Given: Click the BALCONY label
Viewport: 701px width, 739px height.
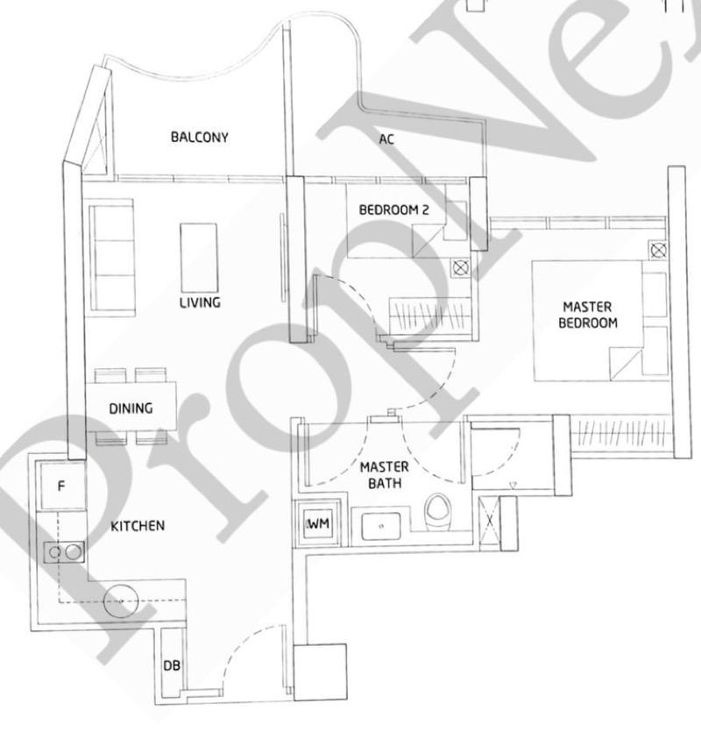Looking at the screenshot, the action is [x=199, y=137].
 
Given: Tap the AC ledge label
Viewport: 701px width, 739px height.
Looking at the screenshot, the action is [x=386, y=139].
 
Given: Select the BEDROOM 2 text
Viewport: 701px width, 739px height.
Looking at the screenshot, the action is [x=393, y=210].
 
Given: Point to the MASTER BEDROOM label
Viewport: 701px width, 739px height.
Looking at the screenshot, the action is [x=587, y=315].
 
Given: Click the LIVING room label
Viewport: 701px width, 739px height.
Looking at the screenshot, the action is [x=200, y=302].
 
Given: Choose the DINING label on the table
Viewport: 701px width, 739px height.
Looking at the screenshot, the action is [x=131, y=409].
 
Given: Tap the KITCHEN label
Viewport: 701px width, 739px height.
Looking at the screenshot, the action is [x=138, y=526].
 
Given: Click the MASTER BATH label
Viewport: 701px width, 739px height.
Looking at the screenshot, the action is [x=385, y=475].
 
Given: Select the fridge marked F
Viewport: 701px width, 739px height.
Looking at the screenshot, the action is [x=62, y=486].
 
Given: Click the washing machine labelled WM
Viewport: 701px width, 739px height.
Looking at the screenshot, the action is [x=318, y=523].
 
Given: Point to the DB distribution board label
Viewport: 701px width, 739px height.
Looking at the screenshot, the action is [x=172, y=665].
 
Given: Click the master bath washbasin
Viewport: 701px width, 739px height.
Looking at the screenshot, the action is [x=381, y=525].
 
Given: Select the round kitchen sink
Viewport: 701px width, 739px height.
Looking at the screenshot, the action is [x=121, y=600].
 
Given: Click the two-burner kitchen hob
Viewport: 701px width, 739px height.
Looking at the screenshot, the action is [x=64, y=552].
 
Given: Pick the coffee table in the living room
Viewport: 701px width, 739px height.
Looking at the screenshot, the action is [x=199, y=258].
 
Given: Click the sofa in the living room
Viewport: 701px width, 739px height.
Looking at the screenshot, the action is [x=111, y=258].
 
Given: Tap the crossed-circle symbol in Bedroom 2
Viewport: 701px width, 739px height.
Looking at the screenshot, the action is [x=460, y=268].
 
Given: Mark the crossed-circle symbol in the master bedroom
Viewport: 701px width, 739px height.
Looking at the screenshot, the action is [x=658, y=250].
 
